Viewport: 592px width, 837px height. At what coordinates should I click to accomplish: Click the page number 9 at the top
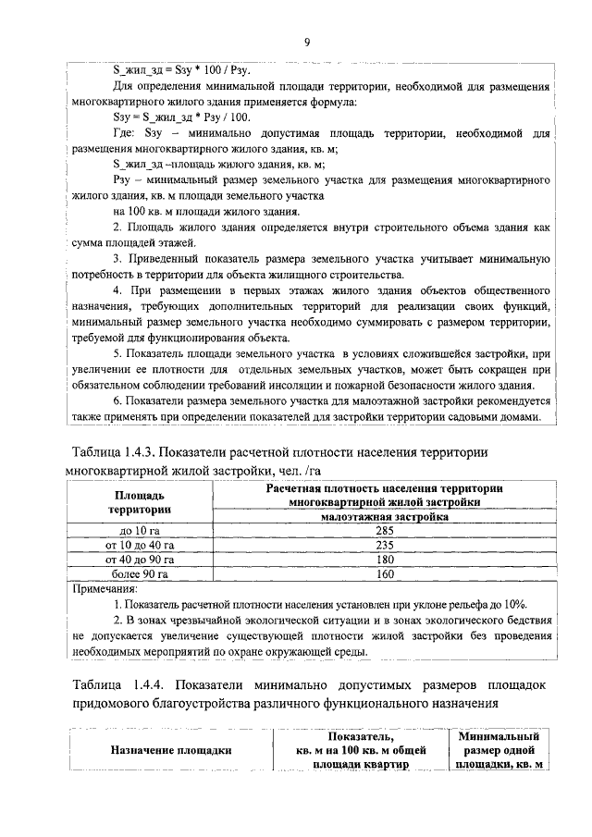pyautogui.click(x=306, y=41)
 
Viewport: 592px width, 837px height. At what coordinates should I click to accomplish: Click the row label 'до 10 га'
pyautogui.click(x=140, y=530)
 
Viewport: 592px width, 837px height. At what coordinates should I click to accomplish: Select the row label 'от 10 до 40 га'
pyautogui.click(x=140, y=545)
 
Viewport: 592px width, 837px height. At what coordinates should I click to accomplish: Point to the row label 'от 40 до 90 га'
pyautogui.click(x=140, y=560)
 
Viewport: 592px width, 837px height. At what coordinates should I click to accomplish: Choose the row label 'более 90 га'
pyautogui.click(x=140, y=574)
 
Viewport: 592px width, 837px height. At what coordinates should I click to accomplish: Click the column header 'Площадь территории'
pyautogui.click(x=140, y=501)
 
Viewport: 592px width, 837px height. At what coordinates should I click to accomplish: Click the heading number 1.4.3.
pyautogui.click(x=151, y=451)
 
